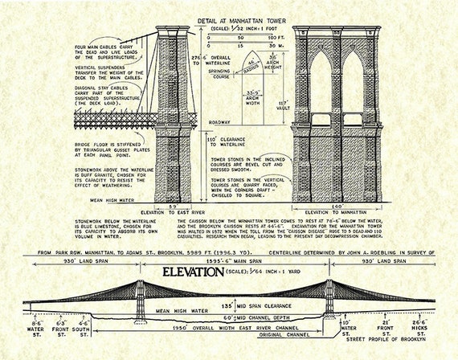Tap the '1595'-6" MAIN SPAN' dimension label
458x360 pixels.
[233, 261]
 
